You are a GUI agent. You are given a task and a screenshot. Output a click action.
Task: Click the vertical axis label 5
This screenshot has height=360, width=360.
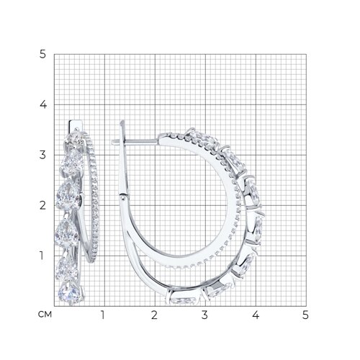(42, 55)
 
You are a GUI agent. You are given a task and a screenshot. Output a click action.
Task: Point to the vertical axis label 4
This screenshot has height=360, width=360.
(43, 104)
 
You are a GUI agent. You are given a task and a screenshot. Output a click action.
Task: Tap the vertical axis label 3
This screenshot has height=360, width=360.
(42, 155)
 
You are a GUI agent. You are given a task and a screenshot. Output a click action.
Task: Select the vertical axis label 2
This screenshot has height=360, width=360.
(42, 205)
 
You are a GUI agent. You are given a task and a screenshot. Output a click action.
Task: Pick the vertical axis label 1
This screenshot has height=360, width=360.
(42, 256)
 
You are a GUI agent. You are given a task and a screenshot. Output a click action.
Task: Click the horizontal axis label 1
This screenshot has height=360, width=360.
(103, 315)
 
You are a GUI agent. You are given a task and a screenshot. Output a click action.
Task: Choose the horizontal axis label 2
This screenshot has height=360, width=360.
(154, 315)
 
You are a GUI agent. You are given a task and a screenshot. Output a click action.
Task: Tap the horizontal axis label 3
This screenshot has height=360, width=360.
(204, 315)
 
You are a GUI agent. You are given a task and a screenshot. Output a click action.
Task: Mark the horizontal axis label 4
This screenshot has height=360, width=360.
(256, 315)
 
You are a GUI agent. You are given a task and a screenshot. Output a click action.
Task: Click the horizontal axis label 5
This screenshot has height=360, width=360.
(305, 315)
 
